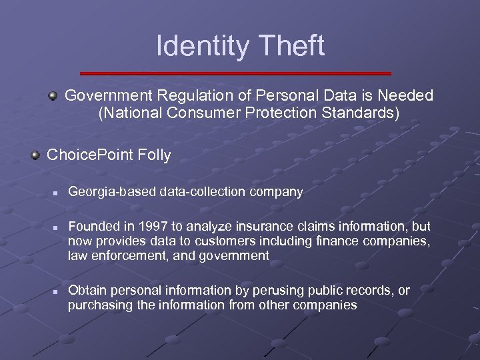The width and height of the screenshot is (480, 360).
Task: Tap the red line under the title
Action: click(235, 73)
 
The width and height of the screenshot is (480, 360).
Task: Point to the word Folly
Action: click(155, 155)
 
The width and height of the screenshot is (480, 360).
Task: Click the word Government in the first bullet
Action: click(107, 96)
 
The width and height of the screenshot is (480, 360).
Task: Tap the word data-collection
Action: click(204, 193)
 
